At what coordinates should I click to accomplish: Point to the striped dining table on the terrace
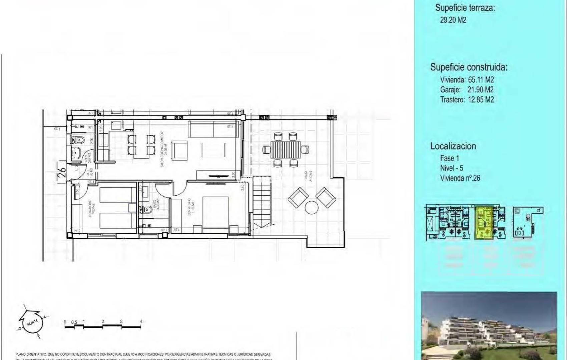(x=286, y=149)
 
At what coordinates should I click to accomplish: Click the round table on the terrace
(x=312, y=208)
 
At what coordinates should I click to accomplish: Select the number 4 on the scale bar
(x=141, y=321)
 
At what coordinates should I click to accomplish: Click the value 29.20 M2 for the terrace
(x=453, y=20)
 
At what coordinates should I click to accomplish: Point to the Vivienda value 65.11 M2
(x=481, y=80)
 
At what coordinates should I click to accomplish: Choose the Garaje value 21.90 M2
(x=480, y=90)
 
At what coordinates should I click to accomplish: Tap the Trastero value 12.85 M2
(x=481, y=100)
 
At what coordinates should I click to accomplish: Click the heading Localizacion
(x=453, y=146)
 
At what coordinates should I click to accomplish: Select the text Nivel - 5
(x=451, y=168)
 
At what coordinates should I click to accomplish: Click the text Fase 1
(x=449, y=158)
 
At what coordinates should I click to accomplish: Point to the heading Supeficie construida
(x=469, y=67)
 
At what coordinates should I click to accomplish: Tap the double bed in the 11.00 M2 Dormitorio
(x=215, y=210)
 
